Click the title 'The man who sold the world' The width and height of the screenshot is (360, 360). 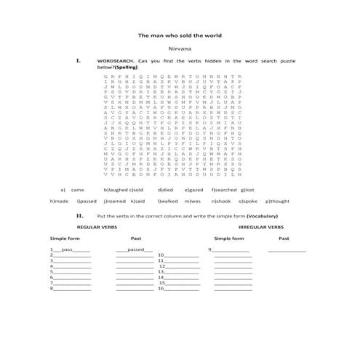(x=180, y=35)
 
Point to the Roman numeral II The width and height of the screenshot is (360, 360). (x=79, y=215)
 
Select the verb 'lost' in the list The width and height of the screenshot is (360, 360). (x=249, y=189)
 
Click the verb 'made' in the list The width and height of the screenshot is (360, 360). (x=62, y=201)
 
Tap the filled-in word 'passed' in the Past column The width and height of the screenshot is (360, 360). (x=135, y=249)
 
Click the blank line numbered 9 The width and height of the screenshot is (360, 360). (x=231, y=250)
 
